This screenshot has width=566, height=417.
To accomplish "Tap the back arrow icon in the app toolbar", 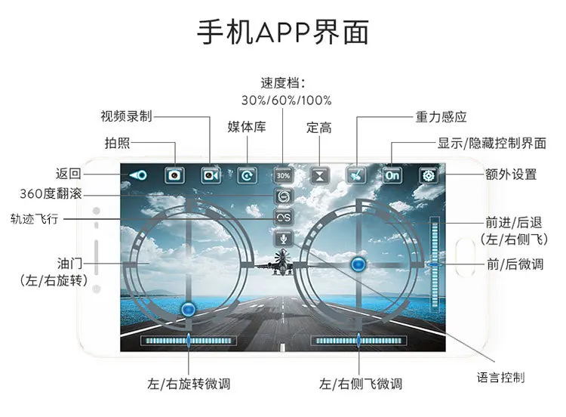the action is [x=138, y=175].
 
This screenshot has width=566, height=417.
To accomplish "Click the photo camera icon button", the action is [x=175, y=175].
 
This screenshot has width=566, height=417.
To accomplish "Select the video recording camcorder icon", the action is [x=211, y=175].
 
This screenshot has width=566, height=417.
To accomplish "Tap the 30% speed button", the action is [x=283, y=175].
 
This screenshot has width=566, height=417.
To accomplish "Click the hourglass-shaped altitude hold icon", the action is [x=320, y=175].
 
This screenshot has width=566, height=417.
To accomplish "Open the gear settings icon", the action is [x=429, y=175].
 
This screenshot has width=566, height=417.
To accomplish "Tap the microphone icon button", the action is [x=284, y=238].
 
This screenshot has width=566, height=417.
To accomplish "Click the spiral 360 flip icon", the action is [x=284, y=196].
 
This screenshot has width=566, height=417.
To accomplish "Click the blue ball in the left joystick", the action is [x=188, y=309].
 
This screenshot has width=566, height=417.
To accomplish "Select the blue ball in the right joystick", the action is [x=358, y=264].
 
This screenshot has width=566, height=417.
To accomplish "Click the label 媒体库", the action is [x=247, y=127].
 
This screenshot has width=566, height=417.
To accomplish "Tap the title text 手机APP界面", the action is [x=283, y=32].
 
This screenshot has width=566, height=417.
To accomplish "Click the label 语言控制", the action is [x=500, y=378].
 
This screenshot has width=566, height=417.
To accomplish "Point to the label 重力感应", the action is [x=441, y=117].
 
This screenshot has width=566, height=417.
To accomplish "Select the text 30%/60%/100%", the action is [x=287, y=100].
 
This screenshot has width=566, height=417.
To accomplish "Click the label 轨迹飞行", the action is [x=35, y=218].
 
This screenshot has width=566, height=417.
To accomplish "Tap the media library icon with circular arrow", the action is [x=248, y=175].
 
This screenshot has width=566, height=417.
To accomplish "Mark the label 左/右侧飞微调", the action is [x=361, y=384].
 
